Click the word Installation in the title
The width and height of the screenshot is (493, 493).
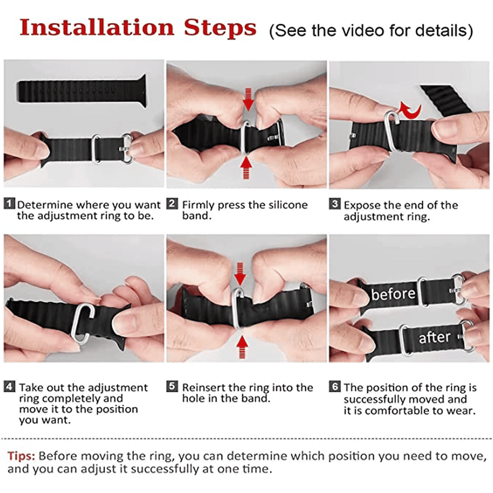[97, 27]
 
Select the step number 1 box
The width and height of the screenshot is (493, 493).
[9, 204]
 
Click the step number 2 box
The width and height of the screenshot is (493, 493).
[172, 204]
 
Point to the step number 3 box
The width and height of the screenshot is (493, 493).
[335, 204]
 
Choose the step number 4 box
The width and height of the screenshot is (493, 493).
[9, 386]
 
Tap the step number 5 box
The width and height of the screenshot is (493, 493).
[172, 386]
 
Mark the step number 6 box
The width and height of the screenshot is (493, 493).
[335, 386]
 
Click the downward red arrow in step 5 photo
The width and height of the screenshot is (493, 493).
[240, 274]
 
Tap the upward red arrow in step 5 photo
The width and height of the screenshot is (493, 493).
[242, 347]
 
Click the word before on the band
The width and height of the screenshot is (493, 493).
[393, 294]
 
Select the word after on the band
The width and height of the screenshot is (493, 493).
[434, 337]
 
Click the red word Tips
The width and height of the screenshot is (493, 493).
[21, 456]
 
